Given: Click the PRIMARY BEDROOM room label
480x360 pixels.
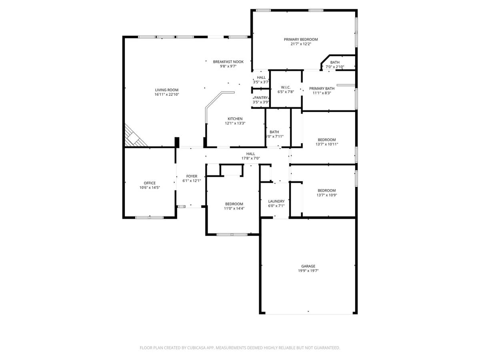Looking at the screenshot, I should pos(301,39).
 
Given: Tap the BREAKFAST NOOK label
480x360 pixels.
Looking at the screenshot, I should pos(228,62).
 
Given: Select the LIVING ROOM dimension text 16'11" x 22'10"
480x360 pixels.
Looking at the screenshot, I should pos(166,95).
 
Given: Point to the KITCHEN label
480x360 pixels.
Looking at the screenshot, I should pos(235,119).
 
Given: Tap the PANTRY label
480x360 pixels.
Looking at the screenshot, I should pos(261,98).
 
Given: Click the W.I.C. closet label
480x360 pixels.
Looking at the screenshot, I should pos(286,87).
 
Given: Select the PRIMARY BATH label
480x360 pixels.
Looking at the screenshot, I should pos(322,88).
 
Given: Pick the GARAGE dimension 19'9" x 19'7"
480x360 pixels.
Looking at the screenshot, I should pos(308,271).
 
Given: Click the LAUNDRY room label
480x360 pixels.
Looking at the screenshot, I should pos(276,201).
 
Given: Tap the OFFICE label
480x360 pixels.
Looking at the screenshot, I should pos(150,183).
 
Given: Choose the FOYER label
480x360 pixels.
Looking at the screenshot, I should pos(192,176).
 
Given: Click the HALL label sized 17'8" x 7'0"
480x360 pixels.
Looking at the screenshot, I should pos(250,154).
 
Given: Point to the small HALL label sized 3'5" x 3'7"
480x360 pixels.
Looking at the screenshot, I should pos(261,77).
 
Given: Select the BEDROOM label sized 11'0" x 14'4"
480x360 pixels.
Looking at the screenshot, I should pos(234,204).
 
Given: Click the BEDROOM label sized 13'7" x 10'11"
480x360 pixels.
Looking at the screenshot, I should pos(327,140).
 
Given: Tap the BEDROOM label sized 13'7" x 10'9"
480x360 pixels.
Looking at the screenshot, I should pos(327,190).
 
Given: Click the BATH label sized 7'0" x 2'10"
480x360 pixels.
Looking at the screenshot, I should pos(335,62).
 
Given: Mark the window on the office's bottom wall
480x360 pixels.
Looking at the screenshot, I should pos(149,218).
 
